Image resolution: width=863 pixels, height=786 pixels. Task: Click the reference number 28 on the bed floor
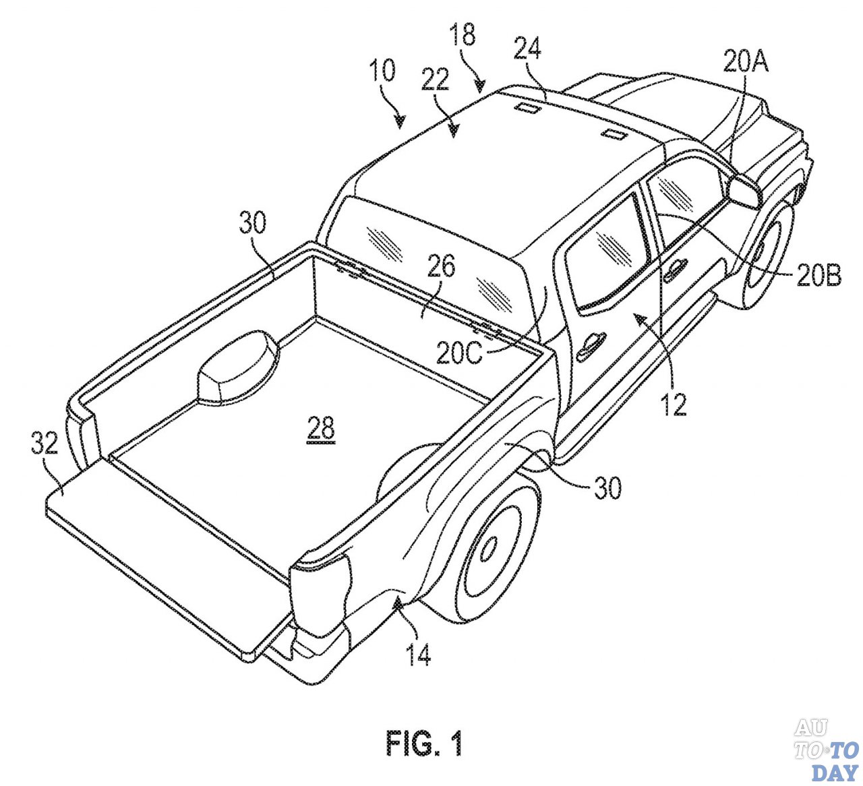(x=321, y=429)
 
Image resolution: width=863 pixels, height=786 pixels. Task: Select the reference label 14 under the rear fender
(x=418, y=653)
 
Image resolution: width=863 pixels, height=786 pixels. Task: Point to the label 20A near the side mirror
(x=746, y=62)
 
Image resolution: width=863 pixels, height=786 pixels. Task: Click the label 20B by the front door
(x=818, y=275)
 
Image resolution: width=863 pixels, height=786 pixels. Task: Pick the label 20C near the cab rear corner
(x=460, y=353)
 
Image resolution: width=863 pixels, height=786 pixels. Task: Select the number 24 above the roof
(x=527, y=49)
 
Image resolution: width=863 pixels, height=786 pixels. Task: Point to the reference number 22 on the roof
(x=436, y=79)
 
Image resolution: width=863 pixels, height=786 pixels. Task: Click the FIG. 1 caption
(x=425, y=743)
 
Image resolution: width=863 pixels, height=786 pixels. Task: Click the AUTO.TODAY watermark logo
(x=827, y=749)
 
